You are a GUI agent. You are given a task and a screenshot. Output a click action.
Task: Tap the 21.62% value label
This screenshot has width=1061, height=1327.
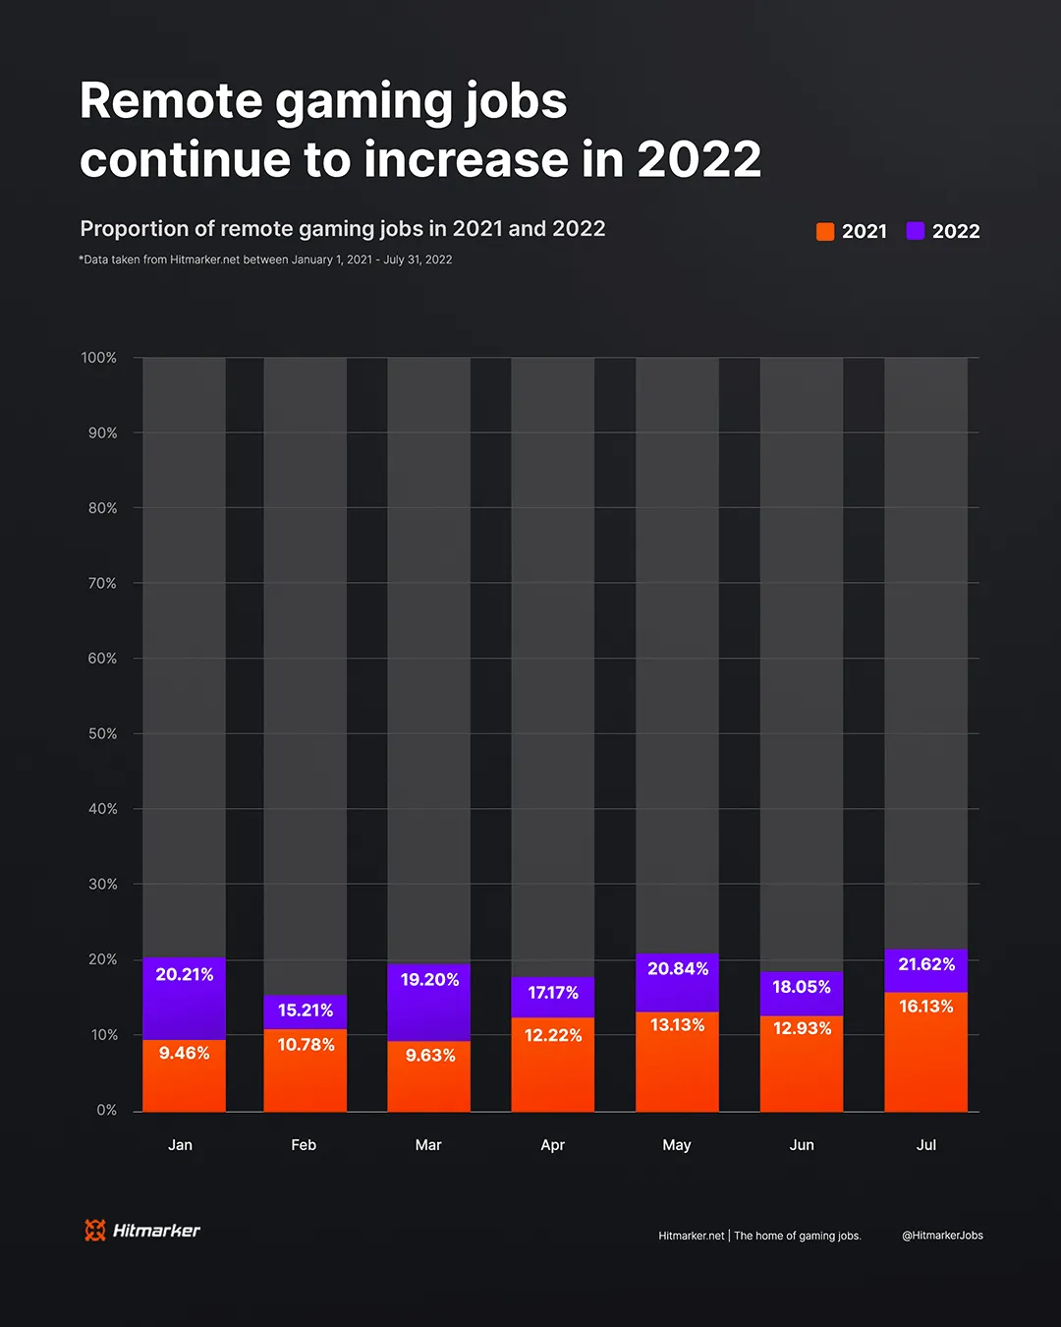pos(926,964)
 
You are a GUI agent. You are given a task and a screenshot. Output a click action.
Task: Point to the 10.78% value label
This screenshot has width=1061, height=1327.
pos(306,1045)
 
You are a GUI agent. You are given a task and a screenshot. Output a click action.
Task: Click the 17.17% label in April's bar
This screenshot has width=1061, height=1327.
pos(553,993)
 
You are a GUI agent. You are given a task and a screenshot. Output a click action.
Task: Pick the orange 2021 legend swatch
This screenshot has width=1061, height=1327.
pos(825,231)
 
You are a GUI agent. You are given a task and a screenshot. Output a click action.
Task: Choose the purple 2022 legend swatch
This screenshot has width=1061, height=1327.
pos(916,231)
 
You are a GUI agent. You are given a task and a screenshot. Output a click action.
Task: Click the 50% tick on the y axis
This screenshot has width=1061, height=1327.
pos(102,733)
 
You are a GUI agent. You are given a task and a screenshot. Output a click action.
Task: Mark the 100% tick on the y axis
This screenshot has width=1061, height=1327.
pos(99,358)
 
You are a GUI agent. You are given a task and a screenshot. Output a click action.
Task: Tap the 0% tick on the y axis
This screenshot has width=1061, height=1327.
pos(106,1110)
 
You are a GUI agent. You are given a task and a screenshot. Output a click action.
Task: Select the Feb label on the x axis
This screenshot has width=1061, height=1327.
pos(304,1145)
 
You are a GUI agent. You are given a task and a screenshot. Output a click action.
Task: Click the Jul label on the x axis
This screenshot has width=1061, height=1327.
pos(926,1145)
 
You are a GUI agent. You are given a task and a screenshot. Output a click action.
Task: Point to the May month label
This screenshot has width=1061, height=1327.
pos(677,1145)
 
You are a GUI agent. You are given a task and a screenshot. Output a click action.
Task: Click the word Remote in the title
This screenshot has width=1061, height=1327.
pos(171,101)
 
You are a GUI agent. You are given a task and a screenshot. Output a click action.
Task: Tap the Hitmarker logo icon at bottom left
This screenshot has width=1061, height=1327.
pos(95,1230)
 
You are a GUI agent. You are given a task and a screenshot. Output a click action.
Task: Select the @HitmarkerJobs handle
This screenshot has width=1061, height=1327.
pos(942,1236)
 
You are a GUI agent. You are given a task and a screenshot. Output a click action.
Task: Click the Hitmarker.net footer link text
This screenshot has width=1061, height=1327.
pos(692,1236)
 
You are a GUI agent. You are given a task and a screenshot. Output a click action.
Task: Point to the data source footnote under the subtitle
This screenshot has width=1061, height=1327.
pos(265,260)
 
